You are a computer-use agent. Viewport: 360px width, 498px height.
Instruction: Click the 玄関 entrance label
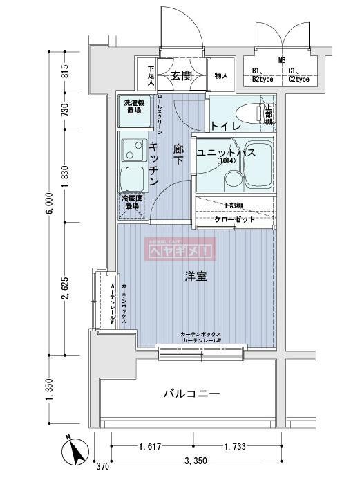(x=181, y=75)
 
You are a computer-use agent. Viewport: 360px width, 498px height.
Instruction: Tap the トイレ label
(x=226, y=126)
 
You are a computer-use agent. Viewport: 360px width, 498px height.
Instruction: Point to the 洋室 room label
(x=196, y=276)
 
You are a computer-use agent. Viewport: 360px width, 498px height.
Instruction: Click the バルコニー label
(x=191, y=394)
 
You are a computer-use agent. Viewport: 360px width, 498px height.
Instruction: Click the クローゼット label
(x=234, y=219)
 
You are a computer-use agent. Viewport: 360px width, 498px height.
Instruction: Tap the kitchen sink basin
(x=130, y=149)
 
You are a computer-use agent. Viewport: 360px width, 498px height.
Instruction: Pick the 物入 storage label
(x=221, y=76)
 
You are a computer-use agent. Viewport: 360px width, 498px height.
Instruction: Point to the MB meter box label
(x=281, y=61)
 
